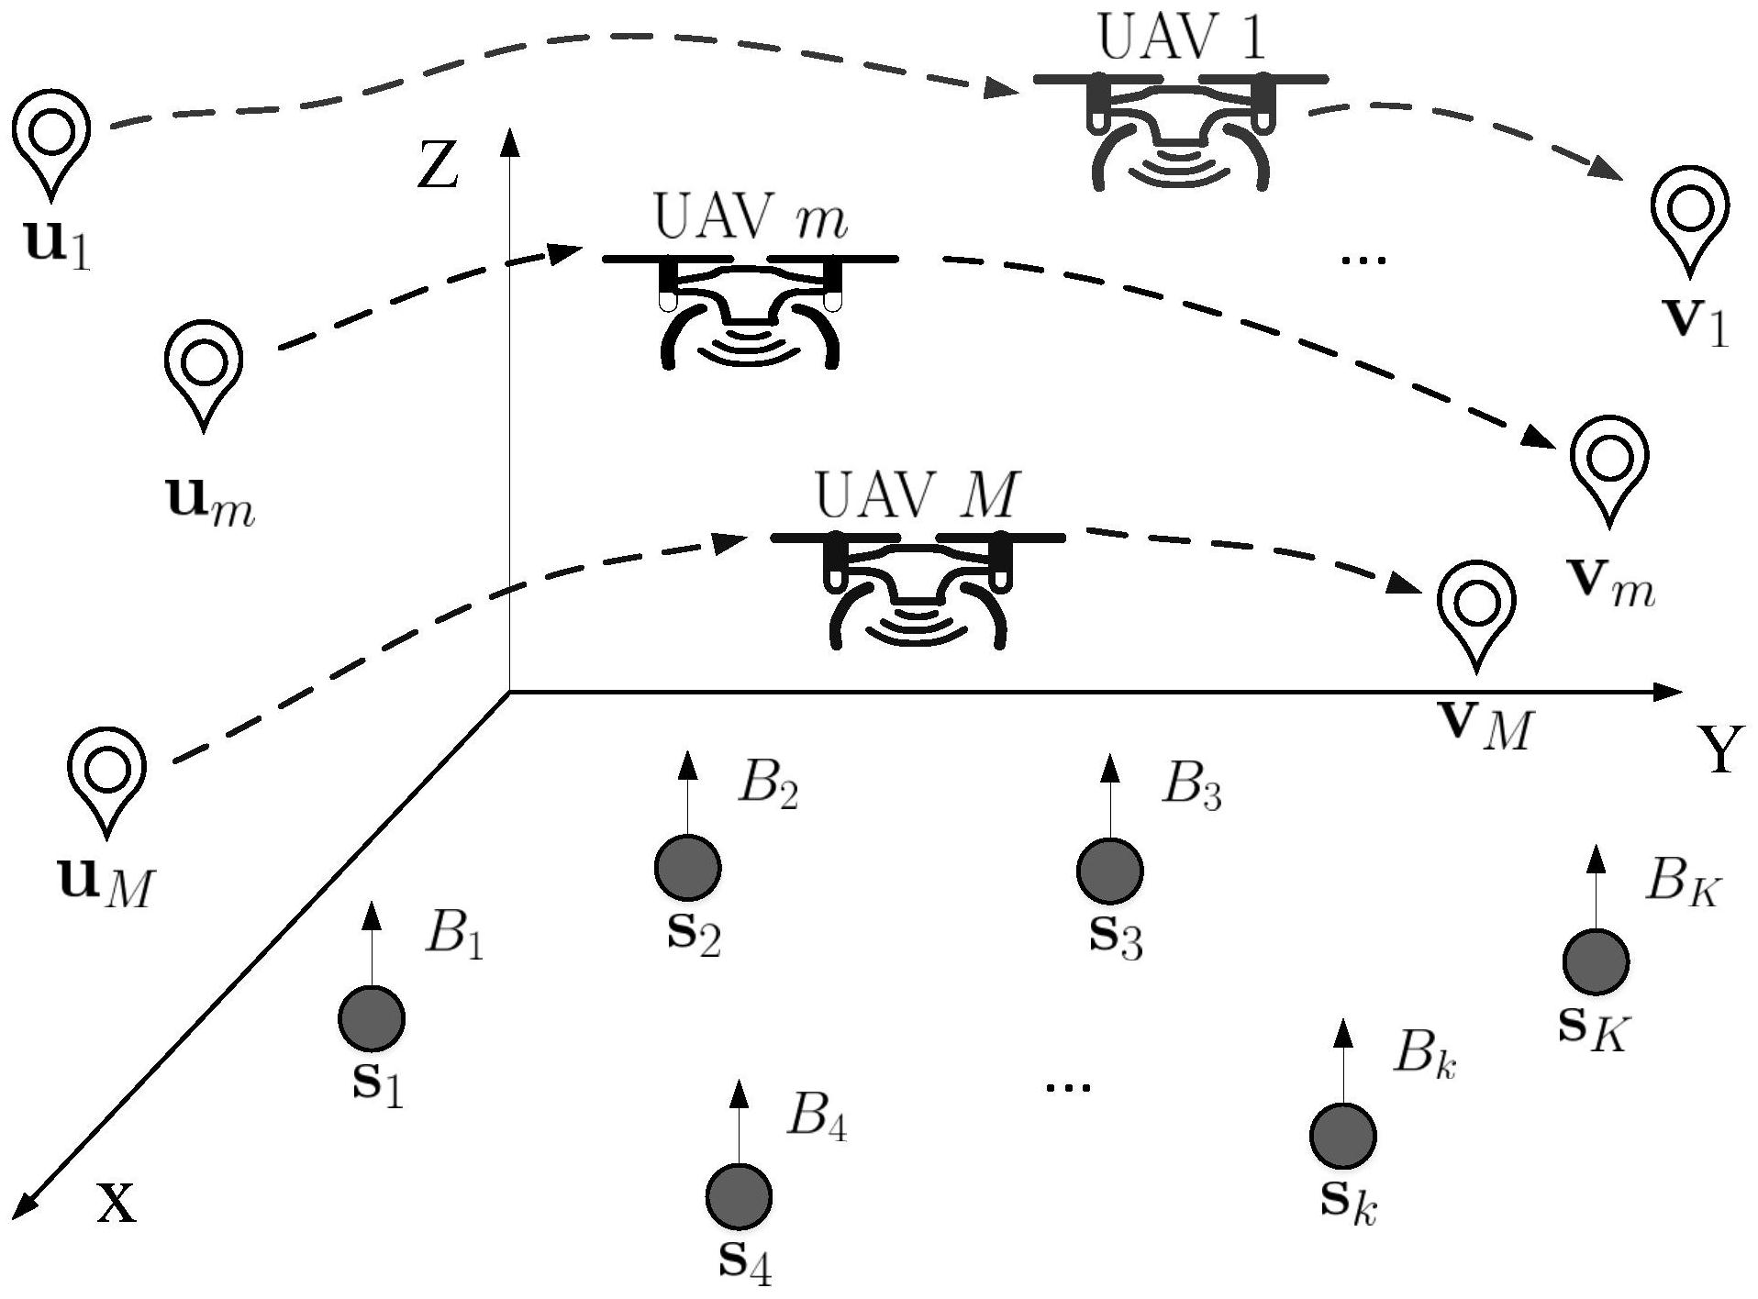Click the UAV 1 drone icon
(1181, 128)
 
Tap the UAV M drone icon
(918, 587)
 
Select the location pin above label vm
(1608, 464)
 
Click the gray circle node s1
(372, 1018)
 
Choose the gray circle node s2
(687, 866)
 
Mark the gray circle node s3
(1109, 871)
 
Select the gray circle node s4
(739, 1196)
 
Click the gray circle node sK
(1596, 961)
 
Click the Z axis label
(438, 166)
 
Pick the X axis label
(117, 1205)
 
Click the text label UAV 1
(1182, 39)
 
